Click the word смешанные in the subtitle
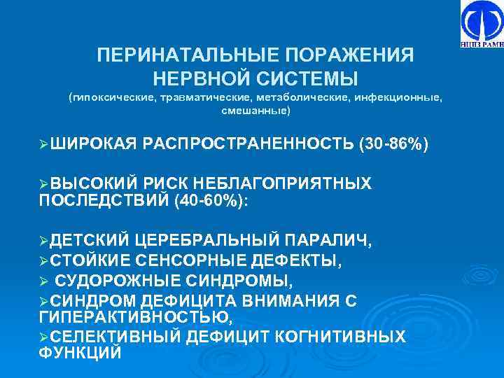coord(255,111)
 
